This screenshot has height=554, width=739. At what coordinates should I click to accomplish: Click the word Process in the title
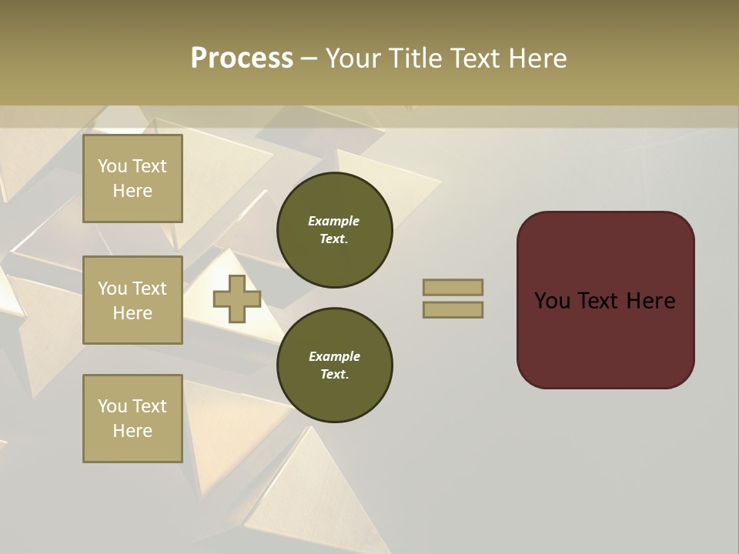[242, 58]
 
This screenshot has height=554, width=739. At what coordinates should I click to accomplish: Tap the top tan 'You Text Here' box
[132, 179]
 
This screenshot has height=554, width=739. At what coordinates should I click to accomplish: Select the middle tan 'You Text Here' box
[132, 300]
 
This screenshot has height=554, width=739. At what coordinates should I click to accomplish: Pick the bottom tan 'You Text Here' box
[132, 419]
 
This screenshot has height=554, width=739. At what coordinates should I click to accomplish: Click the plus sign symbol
[237, 299]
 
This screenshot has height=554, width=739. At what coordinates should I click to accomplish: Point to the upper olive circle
[334, 229]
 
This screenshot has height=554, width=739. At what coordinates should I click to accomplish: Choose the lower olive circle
[334, 365]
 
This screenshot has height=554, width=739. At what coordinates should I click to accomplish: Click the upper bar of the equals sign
[453, 287]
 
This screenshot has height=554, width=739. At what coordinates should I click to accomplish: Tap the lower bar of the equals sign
[453, 309]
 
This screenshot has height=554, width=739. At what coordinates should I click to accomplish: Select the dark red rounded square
[605, 300]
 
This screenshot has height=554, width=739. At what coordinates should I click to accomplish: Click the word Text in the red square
[601, 301]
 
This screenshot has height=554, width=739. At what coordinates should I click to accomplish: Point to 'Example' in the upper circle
[334, 221]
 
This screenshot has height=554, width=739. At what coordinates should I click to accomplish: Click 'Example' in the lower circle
[334, 356]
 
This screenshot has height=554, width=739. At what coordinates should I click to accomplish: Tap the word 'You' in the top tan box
[112, 166]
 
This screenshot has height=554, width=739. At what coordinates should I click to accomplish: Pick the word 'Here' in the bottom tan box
[132, 431]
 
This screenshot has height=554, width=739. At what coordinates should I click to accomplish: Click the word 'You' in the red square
[553, 301]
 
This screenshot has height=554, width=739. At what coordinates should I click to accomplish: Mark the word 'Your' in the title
[355, 58]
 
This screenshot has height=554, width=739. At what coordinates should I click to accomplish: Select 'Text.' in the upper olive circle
[334, 239]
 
